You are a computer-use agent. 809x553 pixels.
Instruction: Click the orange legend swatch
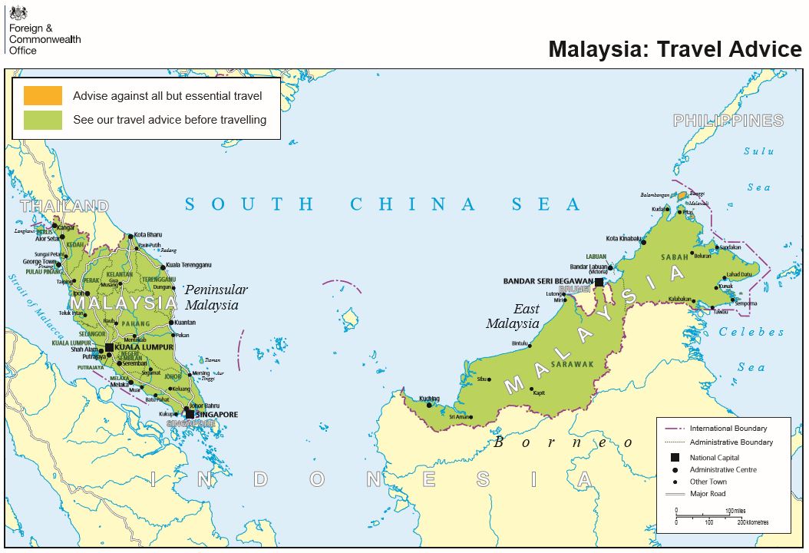[x=42, y=96]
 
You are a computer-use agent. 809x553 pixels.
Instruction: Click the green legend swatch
[x=42, y=120]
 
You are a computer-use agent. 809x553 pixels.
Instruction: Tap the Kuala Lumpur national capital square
[x=110, y=348]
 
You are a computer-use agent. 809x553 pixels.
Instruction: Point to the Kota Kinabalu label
[x=623, y=238]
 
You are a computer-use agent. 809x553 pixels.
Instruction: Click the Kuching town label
[x=430, y=398]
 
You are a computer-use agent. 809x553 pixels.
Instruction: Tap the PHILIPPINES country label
[x=728, y=121]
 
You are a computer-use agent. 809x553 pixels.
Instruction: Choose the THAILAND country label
[x=64, y=206]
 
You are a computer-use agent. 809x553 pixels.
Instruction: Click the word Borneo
[x=564, y=442]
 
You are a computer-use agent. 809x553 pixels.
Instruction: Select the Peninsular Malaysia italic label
[x=216, y=297]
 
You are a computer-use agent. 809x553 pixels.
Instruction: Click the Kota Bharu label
[x=149, y=234]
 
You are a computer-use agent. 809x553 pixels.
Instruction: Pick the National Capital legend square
[x=675, y=458]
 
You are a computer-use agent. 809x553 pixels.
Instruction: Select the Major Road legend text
[x=707, y=494]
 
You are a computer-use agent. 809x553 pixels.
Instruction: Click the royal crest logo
[x=17, y=12]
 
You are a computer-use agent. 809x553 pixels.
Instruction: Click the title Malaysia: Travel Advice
[x=675, y=49]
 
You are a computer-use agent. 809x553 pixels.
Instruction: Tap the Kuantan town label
[x=185, y=323]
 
